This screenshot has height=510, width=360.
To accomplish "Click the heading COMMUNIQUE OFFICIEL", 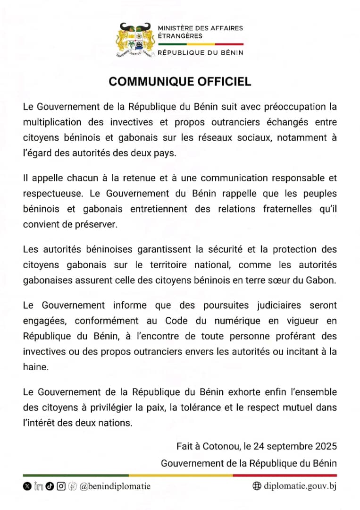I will coord(180,82).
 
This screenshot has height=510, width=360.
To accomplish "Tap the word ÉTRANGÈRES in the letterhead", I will coord(180,36).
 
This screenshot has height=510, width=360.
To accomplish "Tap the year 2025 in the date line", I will coord(327,446).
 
